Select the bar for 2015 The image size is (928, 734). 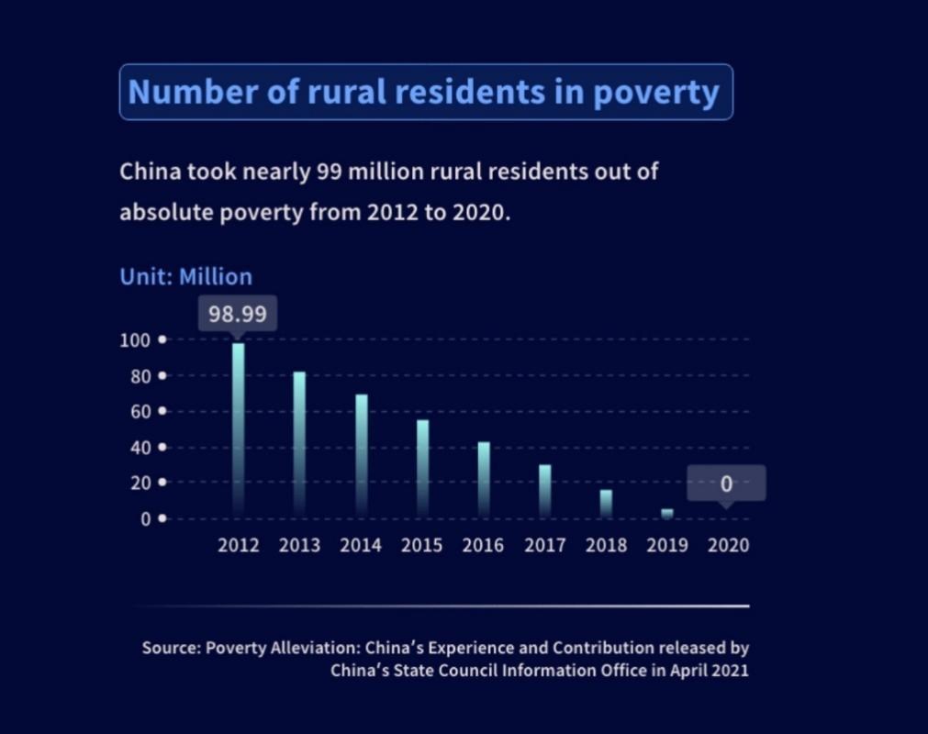coord(422,467)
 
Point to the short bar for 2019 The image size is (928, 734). coord(667,513)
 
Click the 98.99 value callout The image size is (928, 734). coord(237,314)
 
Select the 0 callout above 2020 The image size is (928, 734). coord(726,484)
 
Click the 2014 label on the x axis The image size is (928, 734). coord(361,545)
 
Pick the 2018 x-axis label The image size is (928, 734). coord(607,545)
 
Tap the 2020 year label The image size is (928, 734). coord(729,545)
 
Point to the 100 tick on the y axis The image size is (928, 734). coord(134,340)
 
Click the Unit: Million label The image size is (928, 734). coord(185,276)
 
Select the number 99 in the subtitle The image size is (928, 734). coord(328,172)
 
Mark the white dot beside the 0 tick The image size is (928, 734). coord(162,518)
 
